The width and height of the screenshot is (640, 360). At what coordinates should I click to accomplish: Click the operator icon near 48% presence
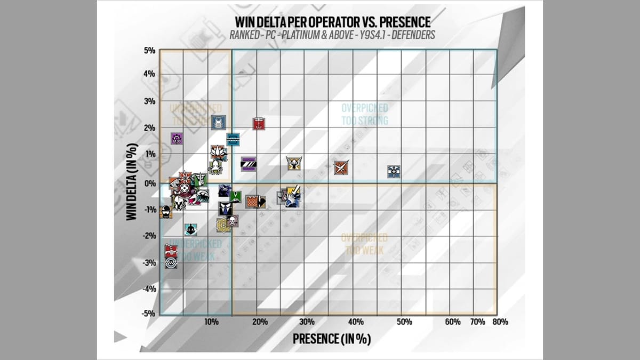[x=394, y=171]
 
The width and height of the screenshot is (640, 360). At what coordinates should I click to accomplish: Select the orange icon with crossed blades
[x=341, y=168]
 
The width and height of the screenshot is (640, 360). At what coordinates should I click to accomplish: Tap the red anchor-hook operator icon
[x=259, y=124]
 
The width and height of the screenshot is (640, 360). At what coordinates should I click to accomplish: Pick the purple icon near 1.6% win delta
[x=177, y=139]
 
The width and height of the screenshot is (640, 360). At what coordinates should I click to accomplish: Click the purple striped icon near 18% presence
[x=249, y=164]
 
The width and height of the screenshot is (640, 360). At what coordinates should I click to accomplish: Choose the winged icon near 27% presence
[x=293, y=163]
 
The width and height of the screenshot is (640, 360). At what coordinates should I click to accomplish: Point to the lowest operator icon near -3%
[x=171, y=262]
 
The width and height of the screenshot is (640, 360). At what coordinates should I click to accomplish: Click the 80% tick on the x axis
[x=500, y=322]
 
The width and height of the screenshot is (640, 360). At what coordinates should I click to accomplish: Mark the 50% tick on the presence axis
[x=404, y=322]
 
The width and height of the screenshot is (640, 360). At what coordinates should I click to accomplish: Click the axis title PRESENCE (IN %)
[x=331, y=339]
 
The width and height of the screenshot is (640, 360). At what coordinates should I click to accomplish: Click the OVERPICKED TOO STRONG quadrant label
[x=365, y=115]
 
